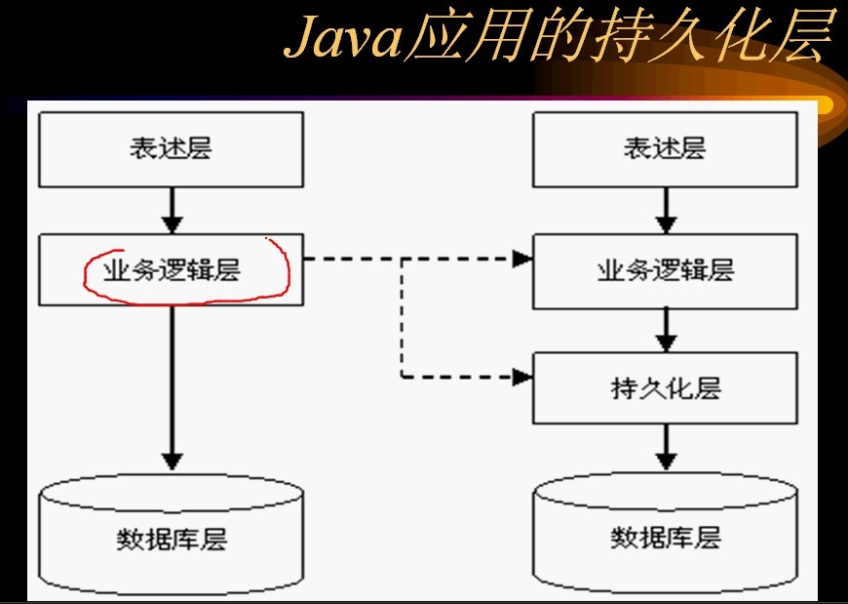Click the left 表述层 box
[171, 148]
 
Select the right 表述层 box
[665, 148]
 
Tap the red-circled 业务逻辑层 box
[171, 269]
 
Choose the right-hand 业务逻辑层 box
[665, 270]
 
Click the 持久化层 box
[665, 387]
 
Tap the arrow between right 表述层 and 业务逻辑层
[665, 209]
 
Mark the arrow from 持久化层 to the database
[665, 448]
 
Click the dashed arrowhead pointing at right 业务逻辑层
[523, 260]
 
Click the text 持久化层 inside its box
[665, 387]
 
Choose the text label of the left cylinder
[171, 538]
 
